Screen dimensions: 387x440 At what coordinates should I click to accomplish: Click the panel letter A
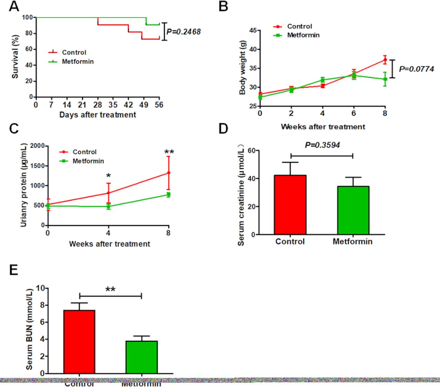14,6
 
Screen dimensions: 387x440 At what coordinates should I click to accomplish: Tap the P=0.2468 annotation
183,32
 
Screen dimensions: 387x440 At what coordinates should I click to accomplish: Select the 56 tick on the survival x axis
159,105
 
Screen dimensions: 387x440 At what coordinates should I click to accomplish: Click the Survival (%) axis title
15,57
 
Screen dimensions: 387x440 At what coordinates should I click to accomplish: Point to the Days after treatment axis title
98,115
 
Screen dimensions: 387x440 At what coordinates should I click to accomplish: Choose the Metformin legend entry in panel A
77,62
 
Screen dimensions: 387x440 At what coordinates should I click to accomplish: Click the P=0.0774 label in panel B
416,69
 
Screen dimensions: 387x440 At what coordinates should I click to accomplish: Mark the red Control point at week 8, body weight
385,60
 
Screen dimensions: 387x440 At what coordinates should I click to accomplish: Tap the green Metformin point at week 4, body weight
322,80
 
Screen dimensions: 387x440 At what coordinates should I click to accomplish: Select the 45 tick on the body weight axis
253,31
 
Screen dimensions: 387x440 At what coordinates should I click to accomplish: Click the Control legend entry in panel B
299,26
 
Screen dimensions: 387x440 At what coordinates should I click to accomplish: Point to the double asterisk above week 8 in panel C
169,152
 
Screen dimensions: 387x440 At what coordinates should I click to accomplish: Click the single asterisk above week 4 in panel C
109,176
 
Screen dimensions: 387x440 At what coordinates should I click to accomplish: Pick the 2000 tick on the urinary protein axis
37,146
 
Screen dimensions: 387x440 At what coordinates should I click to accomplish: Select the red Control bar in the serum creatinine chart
290,205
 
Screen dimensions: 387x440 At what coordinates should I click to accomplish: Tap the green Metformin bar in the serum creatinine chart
353,210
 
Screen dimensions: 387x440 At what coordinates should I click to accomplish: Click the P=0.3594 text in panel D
322,145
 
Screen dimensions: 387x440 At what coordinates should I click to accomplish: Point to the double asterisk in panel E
110,289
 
